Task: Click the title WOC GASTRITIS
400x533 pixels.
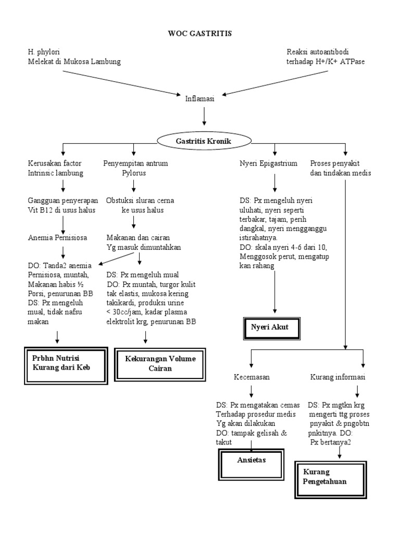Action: point(199,33)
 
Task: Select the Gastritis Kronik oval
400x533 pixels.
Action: point(204,141)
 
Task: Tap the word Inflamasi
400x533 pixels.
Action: point(199,98)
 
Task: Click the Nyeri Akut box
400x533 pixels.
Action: point(272,328)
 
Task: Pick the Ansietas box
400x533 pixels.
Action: point(251,464)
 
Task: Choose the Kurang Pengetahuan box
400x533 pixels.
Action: point(331,479)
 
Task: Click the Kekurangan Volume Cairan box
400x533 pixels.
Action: point(160,364)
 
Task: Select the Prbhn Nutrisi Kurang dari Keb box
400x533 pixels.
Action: point(66,365)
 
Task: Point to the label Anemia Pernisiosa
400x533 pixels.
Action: point(57,237)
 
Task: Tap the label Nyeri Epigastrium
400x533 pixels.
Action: point(268,163)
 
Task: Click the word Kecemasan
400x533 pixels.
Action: point(252,377)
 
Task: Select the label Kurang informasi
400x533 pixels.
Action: point(337,377)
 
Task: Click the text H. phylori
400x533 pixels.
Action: point(44,52)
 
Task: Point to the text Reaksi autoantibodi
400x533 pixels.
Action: point(318,52)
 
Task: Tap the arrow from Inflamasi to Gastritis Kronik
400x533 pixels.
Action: point(204,117)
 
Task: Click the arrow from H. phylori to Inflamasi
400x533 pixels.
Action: point(121,83)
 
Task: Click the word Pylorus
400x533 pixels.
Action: point(134,173)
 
